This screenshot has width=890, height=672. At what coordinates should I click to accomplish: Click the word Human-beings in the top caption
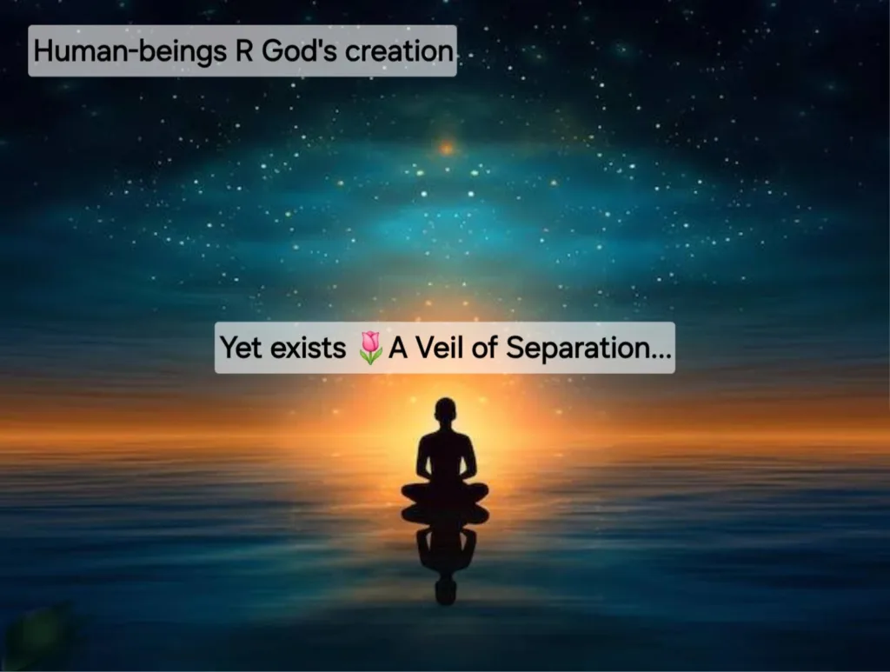(130, 52)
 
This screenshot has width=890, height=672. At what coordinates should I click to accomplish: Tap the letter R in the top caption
(243, 50)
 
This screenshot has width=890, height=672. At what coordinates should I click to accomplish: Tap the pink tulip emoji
(370, 348)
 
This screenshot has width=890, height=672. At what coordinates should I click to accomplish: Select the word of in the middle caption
(484, 348)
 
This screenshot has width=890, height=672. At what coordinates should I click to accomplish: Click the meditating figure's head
(446, 410)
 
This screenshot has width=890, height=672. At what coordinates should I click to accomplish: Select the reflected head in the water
(446, 591)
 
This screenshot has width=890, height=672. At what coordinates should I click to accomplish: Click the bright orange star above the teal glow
(448, 148)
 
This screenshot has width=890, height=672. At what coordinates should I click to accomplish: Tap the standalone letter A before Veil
(398, 348)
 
